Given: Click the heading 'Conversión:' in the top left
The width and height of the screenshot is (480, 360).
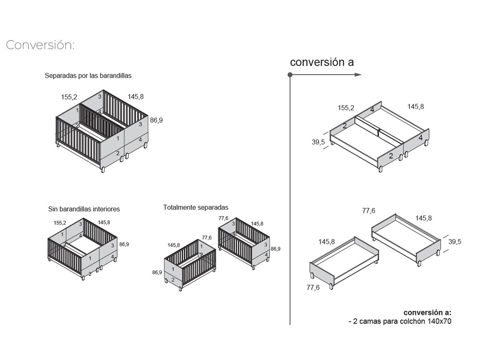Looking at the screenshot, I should pos(40,45).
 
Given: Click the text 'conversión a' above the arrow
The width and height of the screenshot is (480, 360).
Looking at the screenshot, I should pos(322,62).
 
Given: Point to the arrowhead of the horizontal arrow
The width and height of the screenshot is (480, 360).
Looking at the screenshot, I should pos(358,75).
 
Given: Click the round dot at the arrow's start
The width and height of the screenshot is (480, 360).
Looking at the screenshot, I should pos(290,75).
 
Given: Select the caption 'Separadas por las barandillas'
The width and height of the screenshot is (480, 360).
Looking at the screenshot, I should pos(88,76).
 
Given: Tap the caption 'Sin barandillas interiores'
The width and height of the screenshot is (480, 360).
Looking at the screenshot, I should pos(84,209).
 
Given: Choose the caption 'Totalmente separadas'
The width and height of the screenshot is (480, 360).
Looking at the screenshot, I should pos(195,207).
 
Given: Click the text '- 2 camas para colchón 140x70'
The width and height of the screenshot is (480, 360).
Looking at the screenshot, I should pos(400,321).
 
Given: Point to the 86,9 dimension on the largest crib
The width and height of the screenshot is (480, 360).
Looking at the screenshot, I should pos(156,120).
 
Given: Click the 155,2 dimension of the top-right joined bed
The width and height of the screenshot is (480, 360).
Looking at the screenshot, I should pos(346,108).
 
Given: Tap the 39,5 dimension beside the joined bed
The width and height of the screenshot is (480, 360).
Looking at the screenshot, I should pos(318,142).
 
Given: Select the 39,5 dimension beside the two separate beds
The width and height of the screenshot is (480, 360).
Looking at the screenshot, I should pos(455,242).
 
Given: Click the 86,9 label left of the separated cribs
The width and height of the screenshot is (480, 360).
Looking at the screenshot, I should pos(157,272).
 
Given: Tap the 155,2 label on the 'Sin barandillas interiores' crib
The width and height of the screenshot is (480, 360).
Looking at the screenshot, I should pos(60,223).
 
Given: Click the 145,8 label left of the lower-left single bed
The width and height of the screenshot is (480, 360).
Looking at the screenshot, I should pos(326,241).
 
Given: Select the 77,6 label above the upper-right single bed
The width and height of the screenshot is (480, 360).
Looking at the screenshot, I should pos(369,210).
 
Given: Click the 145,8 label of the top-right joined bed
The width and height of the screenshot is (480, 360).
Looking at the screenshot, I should pos(415,107).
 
